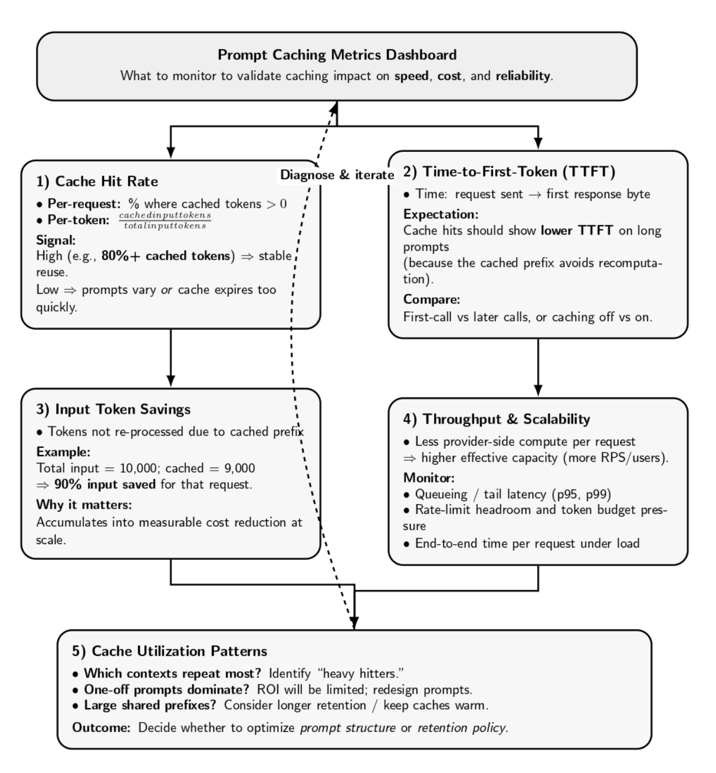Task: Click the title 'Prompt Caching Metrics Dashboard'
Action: (337, 55)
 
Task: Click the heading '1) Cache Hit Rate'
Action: (97, 181)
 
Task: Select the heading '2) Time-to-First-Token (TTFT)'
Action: (509, 172)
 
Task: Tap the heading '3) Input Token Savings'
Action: (113, 409)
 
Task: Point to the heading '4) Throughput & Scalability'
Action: (496, 419)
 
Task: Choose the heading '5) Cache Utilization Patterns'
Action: (170, 651)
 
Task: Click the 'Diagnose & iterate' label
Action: (337, 175)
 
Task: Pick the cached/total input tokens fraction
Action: (165, 220)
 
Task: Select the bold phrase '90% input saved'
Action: (104, 484)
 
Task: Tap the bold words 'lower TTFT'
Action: (576, 231)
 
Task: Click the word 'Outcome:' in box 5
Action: (101, 727)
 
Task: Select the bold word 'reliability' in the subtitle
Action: (522, 76)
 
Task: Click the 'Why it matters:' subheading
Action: (84, 504)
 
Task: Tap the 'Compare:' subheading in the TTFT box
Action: (431, 300)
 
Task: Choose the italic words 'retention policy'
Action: (462, 727)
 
